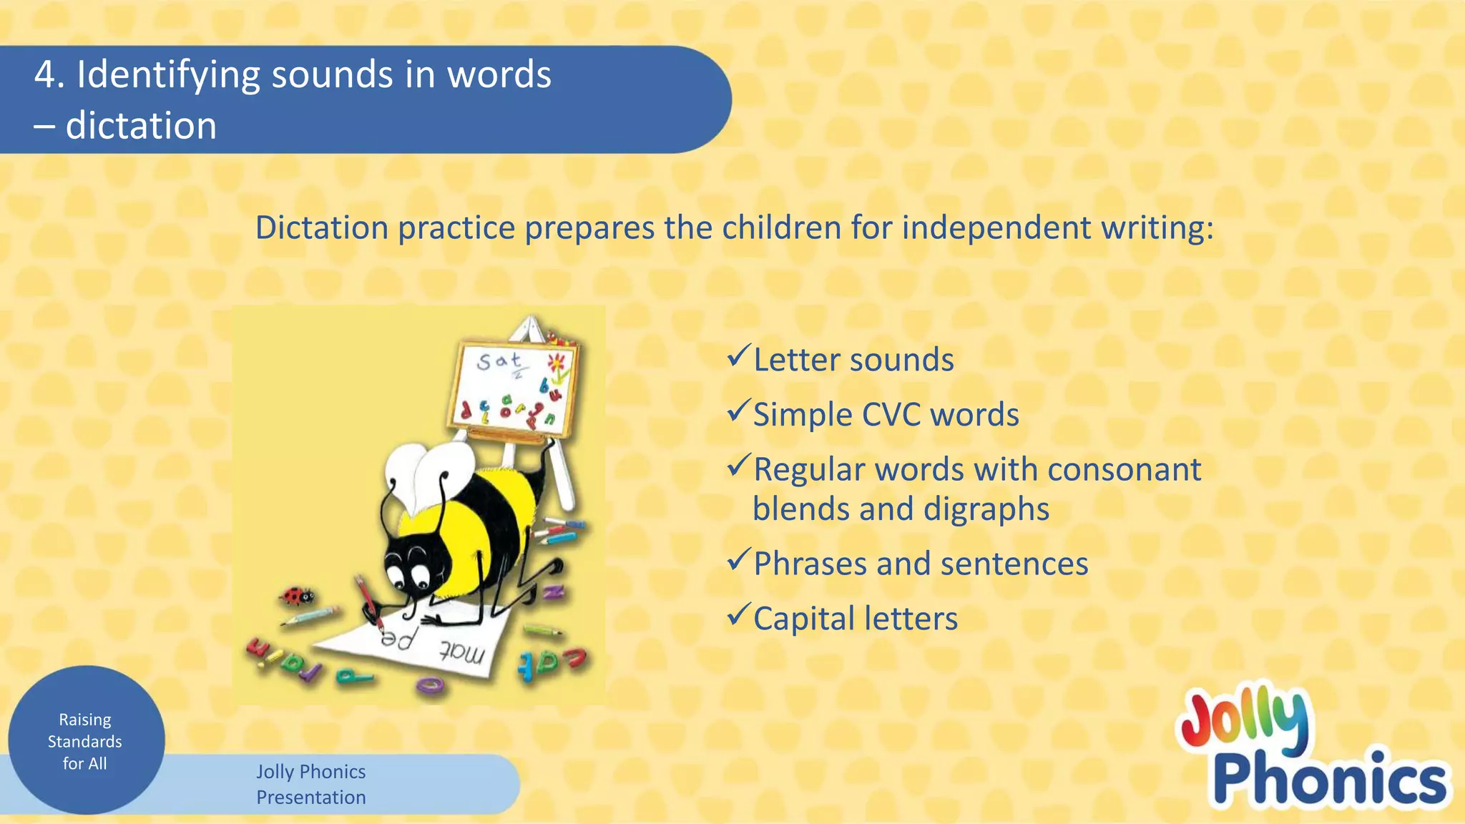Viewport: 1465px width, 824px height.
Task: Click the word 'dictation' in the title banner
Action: [x=141, y=126]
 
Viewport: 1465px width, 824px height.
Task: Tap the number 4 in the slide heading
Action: [x=45, y=75]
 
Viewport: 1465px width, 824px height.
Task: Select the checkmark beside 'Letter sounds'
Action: [x=738, y=355]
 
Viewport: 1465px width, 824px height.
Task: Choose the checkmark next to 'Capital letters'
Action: [x=738, y=614]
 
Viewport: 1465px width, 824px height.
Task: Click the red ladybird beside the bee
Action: [x=297, y=595]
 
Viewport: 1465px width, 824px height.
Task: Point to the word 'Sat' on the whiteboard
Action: [x=499, y=360]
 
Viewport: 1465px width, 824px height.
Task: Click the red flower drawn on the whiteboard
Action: [x=557, y=361]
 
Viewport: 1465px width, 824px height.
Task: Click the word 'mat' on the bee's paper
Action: [x=461, y=652]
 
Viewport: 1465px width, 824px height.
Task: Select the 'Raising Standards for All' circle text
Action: [x=85, y=741]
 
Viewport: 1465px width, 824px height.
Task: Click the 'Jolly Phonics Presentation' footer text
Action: [x=311, y=784]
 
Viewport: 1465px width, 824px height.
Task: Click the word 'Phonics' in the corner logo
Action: [x=1329, y=780]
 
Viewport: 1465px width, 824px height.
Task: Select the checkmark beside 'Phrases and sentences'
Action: [x=738, y=559]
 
